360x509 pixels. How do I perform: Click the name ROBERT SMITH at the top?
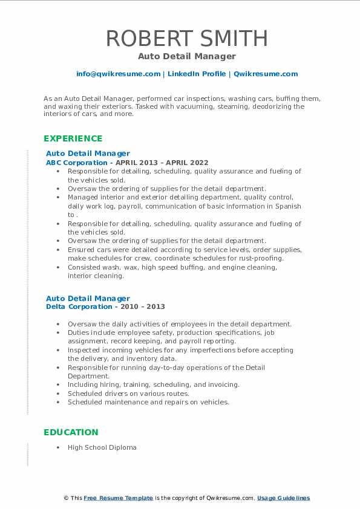click(x=186, y=38)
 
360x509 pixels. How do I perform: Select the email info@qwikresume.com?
click(x=118, y=74)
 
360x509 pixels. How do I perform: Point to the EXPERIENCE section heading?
click(x=73, y=138)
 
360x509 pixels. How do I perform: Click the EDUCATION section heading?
click(x=71, y=432)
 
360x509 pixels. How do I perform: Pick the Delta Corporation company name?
click(x=79, y=306)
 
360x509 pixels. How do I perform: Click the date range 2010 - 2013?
click(x=143, y=306)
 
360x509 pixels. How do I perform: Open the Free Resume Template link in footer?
click(x=118, y=498)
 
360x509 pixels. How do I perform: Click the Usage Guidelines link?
click(x=283, y=498)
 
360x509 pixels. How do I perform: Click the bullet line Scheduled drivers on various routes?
click(x=128, y=393)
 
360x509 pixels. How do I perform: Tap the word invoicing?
click(x=224, y=384)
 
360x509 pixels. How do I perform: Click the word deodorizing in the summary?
click(x=251, y=106)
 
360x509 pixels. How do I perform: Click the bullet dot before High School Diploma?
click(x=58, y=447)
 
